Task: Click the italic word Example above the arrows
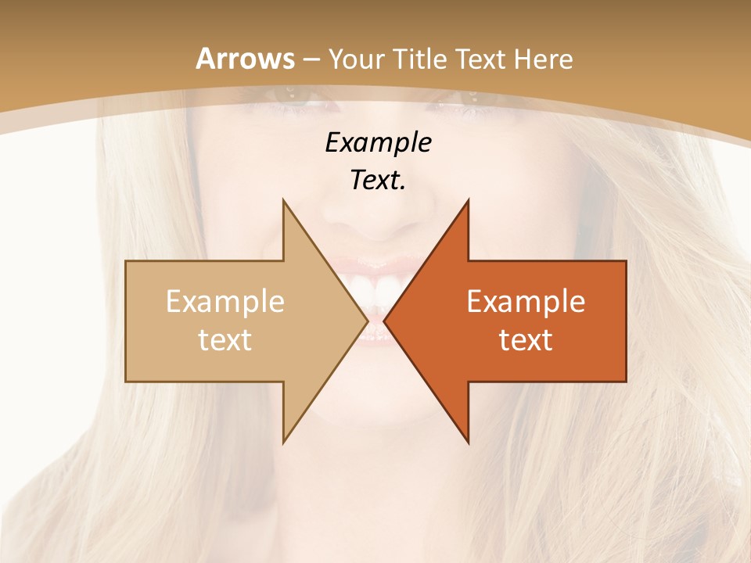tap(378, 142)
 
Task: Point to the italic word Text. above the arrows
tap(378, 180)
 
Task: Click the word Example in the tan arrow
tap(225, 302)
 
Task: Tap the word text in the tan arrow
tap(225, 339)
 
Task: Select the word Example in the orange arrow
tap(526, 302)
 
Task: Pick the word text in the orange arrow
tap(526, 339)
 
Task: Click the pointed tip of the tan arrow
tap(366, 321)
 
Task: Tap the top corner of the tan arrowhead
tap(283, 201)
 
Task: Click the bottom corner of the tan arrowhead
tap(283, 442)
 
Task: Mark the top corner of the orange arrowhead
tap(468, 201)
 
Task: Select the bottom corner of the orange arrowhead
tap(468, 442)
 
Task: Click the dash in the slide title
tap(311, 59)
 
